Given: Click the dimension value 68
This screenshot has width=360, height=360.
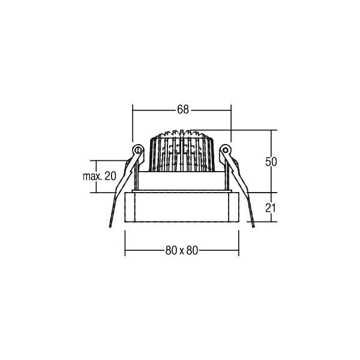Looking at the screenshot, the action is tap(183, 110).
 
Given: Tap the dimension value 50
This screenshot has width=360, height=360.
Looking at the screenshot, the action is tap(271, 161).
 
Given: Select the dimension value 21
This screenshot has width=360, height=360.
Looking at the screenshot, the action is tap(271, 208).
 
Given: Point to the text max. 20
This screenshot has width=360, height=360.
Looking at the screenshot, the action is tap(100, 176).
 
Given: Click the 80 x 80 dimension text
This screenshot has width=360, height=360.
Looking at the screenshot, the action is tap(182, 250).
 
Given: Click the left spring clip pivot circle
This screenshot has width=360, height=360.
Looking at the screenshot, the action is tap(138, 150).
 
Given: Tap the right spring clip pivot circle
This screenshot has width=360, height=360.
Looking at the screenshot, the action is tap(225, 150).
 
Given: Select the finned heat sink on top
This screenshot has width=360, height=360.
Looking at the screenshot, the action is tap(182, 152).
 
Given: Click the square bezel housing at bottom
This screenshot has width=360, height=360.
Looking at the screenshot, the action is tap(182, 207).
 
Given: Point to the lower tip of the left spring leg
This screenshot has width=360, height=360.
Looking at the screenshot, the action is tap(110, 227).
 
